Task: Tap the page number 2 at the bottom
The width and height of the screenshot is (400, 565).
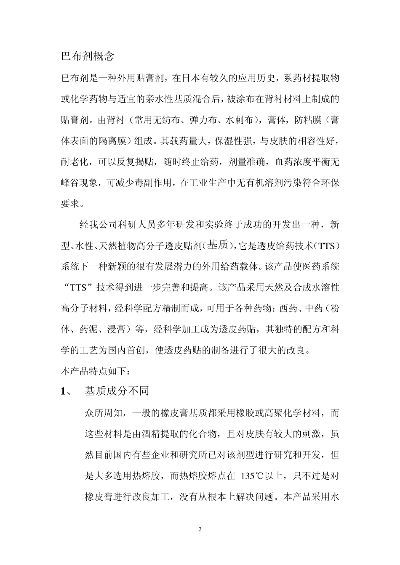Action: coord(200,529)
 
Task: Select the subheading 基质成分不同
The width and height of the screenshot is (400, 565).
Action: coord(117,391)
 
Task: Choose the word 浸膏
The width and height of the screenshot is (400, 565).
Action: coord(117,330)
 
